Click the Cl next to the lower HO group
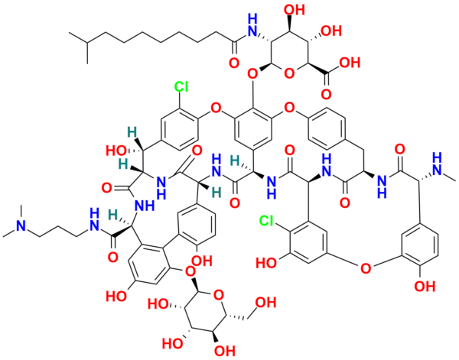coord(265,222)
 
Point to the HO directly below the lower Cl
coord(266,261)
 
